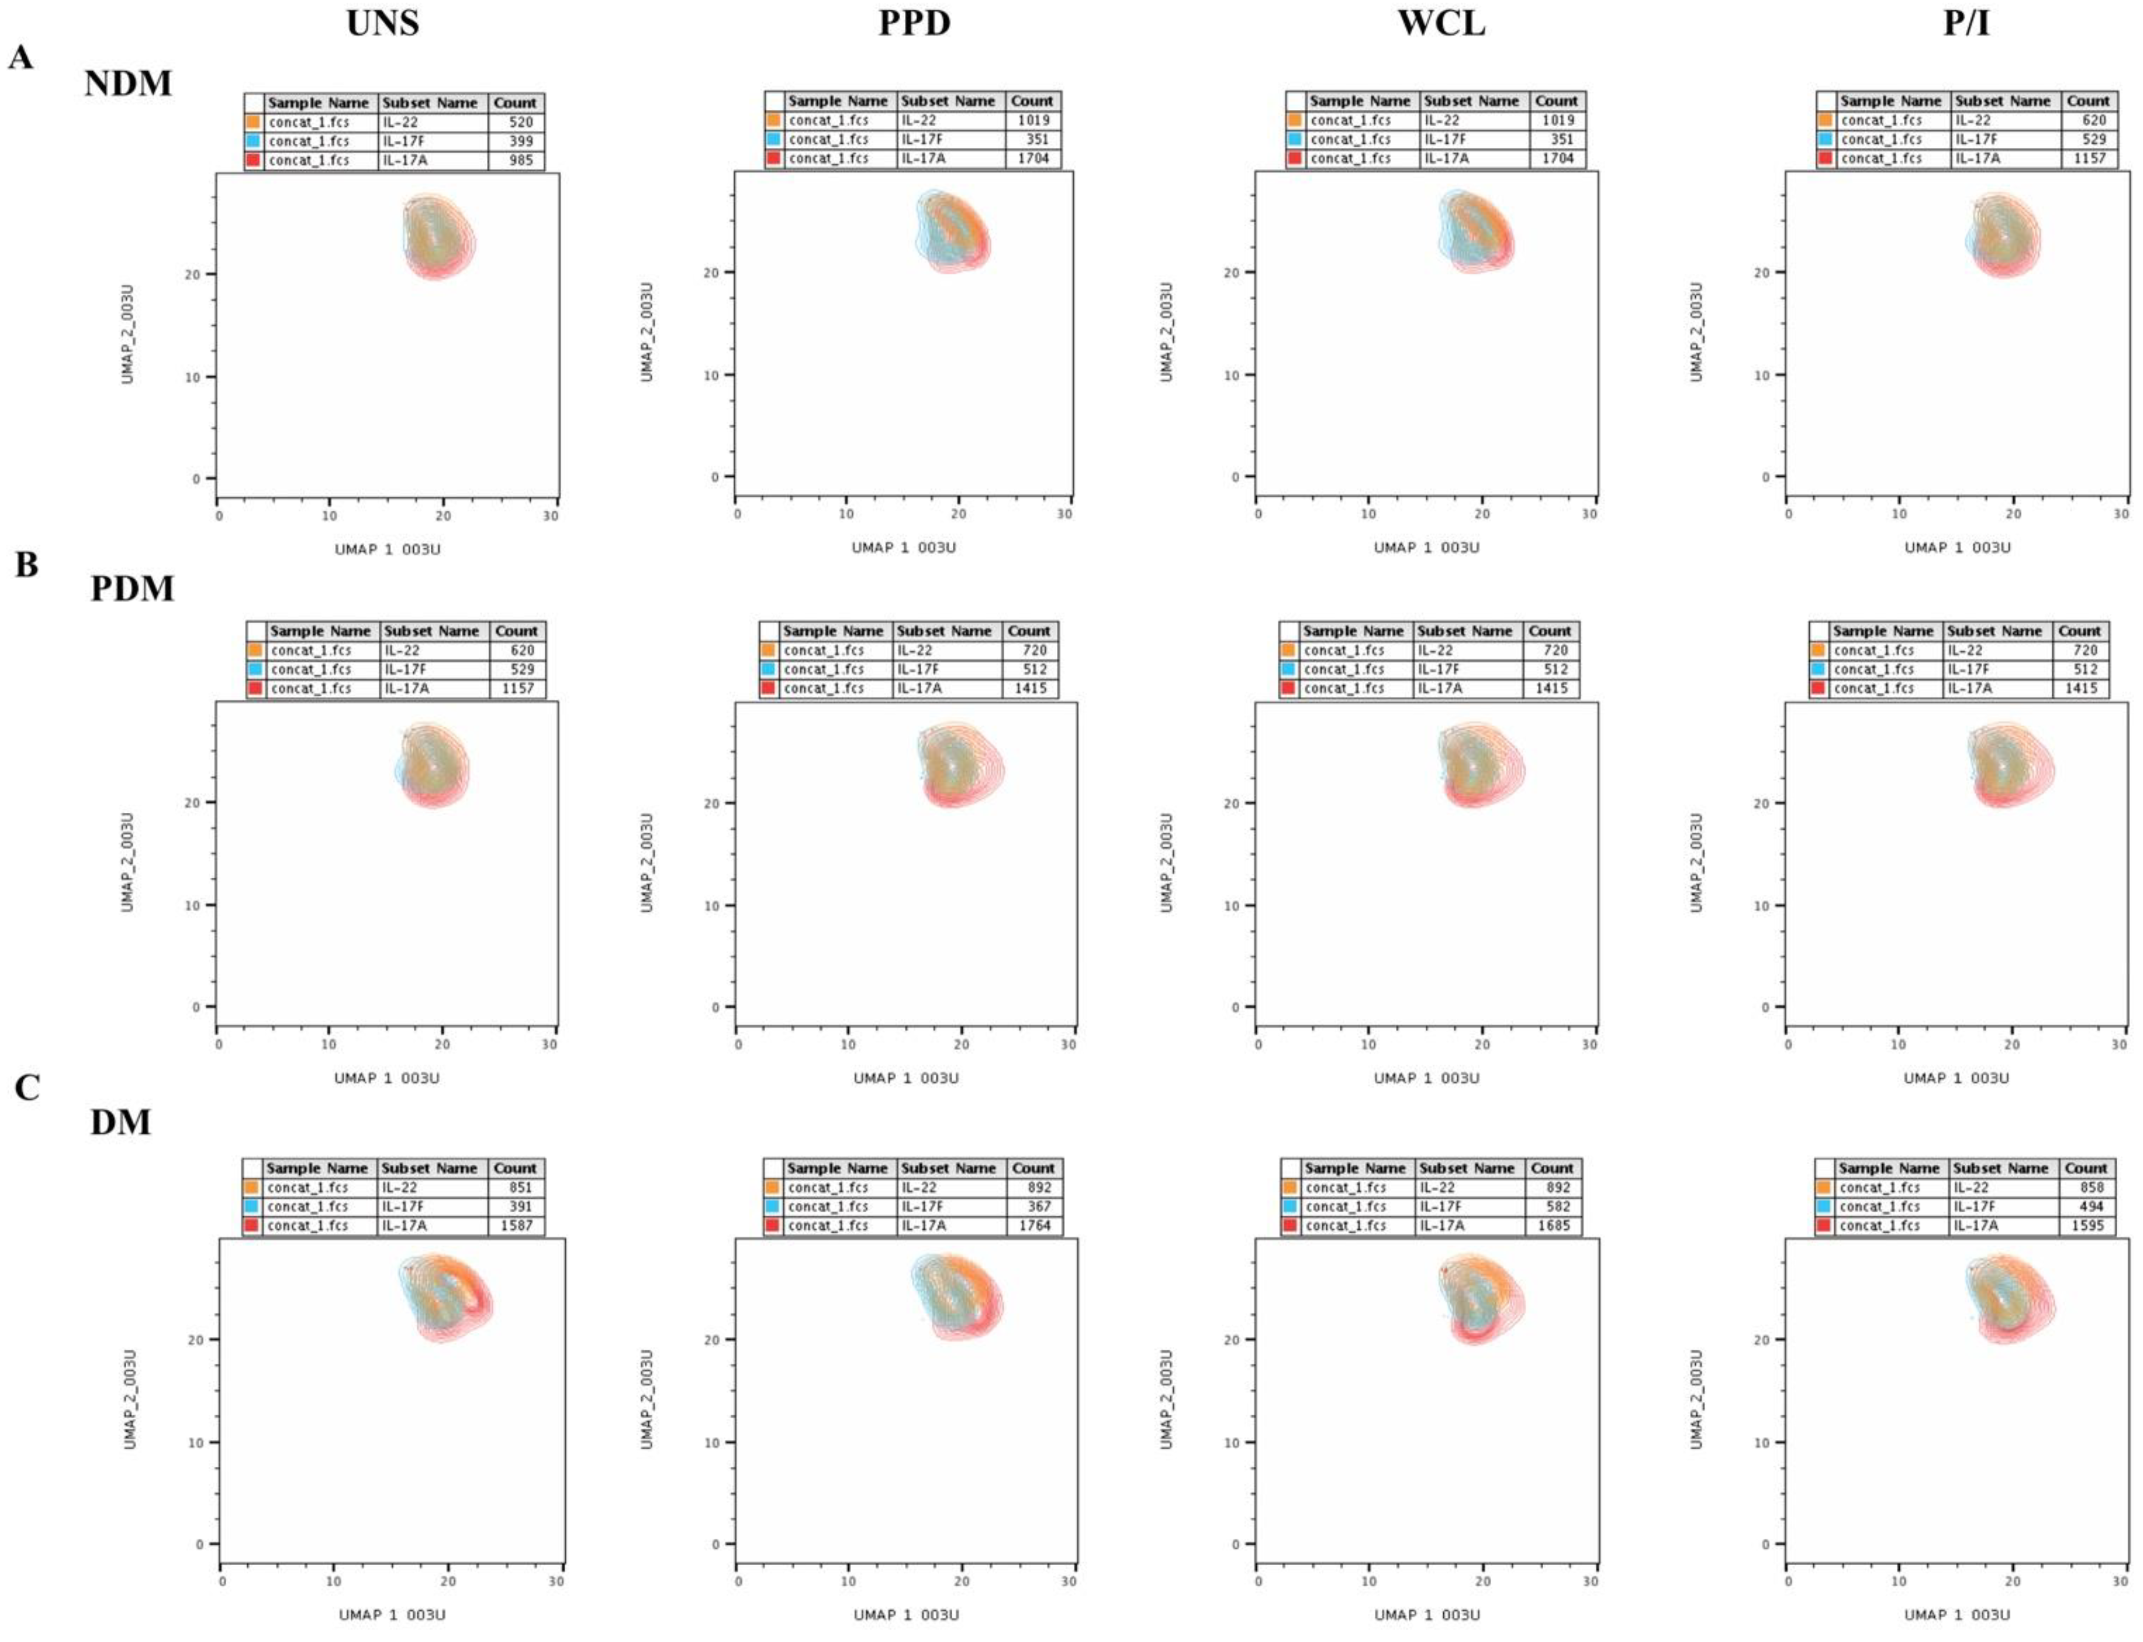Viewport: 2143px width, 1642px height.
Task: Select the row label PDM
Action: click(x=132, y=589)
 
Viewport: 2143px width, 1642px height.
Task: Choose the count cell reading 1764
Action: click(x=1034, y=1226)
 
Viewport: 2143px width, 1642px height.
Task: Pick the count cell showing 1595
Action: click(x=2086, y=1226)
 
